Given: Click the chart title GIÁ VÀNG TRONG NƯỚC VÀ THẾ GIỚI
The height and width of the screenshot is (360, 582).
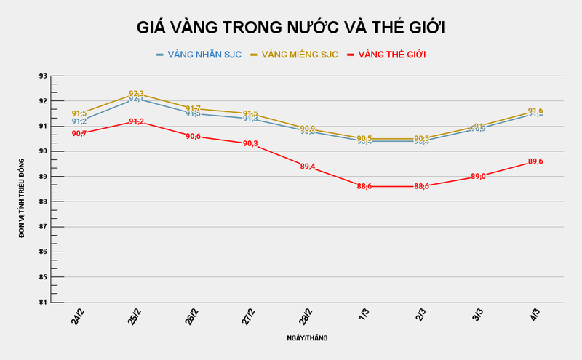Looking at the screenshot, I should [x=291, y=28].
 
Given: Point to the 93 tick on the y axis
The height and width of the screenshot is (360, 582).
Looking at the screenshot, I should [x=43, y=76].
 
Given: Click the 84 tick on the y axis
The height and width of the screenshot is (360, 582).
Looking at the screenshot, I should [x=43, y=302].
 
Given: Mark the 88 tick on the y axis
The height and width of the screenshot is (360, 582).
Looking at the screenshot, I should [x=43, y=201].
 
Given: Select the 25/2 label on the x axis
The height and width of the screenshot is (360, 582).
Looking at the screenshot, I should [x=135, y=316].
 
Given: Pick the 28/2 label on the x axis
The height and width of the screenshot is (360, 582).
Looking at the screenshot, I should [x=306, y=316].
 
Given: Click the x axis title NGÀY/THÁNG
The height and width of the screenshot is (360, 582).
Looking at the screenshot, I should [x=307, y=338].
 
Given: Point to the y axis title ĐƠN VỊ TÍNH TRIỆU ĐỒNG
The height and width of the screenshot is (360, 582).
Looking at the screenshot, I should [x=22, y=189].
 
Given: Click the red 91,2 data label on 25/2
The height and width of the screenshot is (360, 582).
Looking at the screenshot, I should [x=136, y=121].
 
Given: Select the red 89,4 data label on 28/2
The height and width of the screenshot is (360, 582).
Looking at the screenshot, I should [x=308, y=167].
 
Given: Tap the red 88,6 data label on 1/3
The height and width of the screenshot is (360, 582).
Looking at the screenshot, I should [x=364, y=186].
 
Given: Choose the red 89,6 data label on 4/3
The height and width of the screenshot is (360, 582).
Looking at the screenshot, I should [x=535, y=161].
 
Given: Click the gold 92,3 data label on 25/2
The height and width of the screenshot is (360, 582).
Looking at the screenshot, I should [x=136, y=94].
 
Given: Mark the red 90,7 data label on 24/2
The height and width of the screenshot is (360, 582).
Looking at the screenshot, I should [x=79, y=134].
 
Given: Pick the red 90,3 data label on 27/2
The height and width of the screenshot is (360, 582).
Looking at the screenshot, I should [x=250, y=144].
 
